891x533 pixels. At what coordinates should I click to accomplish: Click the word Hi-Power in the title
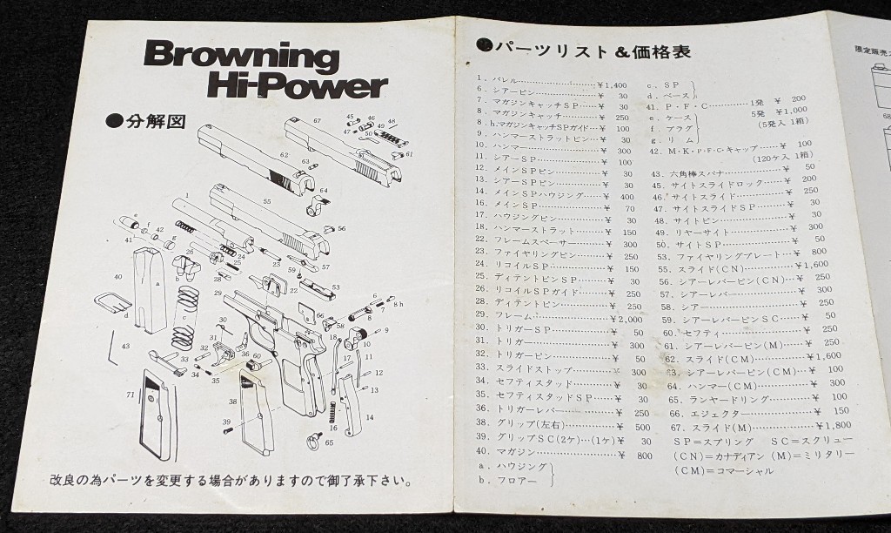(296, 85)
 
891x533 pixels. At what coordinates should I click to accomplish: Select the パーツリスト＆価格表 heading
(592, 50)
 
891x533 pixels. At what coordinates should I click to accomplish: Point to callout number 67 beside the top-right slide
(318, 120)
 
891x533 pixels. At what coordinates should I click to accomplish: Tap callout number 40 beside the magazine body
(117, 276)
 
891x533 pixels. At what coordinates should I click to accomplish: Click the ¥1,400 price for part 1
(612, 85)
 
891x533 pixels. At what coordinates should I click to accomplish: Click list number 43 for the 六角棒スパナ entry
(658, 174)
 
